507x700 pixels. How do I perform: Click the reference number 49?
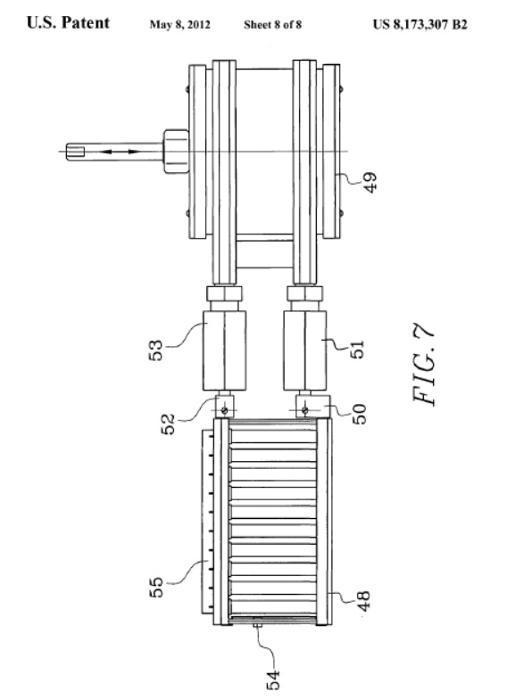[x=370, y=183]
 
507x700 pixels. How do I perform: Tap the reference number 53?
[x=155, y=350]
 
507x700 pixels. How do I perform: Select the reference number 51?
[x=357, y=349]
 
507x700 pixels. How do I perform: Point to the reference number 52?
[x=168, y=424]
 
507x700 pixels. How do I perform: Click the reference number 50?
[x=359, y=414]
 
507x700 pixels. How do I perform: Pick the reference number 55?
[x=156, y=587]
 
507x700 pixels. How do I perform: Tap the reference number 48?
[x=363, y=601]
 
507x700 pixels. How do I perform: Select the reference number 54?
[x=273, y=679]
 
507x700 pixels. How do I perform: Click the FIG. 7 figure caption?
[x=423, y=365]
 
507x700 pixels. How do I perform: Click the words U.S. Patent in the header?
[x=68, y=23]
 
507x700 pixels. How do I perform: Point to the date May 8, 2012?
[x=179, y=25]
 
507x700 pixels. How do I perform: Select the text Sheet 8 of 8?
[x=272, y=25]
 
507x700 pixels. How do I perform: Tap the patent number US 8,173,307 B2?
[x=420, y=24]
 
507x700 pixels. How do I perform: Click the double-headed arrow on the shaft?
[x=120, y=152]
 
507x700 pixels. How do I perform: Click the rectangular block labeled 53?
[x=224, y=351]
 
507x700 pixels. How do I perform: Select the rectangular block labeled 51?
[x=304, y=351]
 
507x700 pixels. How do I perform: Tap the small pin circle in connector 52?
[x=224, y=410]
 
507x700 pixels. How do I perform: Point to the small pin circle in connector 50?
[x=304, y=410]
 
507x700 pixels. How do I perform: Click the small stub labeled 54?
[x=257, y=626]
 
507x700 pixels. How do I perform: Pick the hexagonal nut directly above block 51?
[x=305, y=293]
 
